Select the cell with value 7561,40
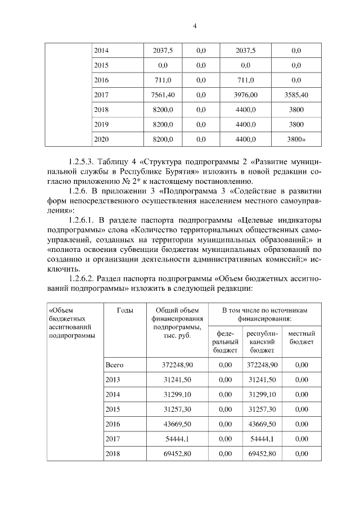point(163,94)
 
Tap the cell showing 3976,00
point(245,94)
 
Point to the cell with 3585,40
point(296,94)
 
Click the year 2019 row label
point(101,124)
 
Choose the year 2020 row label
point(101,138)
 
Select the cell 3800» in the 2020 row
point(297,138)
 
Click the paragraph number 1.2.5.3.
point(83,161)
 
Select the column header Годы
point(125,310)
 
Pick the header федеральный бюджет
point(225,341)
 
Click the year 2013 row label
point(113,380)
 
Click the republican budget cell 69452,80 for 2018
point(262,453)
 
